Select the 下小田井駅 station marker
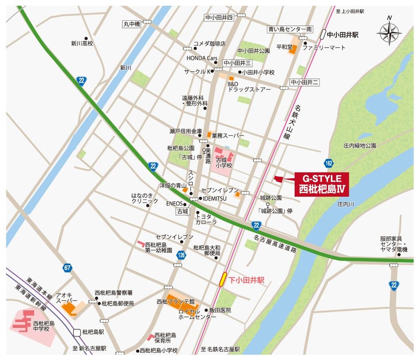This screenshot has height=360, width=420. coord(224,279)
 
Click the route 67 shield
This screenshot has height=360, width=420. coord(68,268)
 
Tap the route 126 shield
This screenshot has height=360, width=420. coord(181,255)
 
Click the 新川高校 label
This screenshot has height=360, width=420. coord(81,43)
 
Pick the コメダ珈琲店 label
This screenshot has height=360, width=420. coord(209,44)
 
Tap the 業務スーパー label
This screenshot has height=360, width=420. coord(228,136)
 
